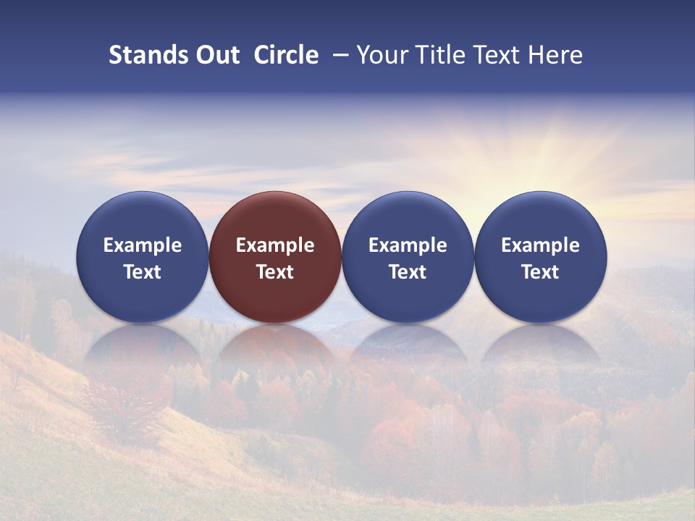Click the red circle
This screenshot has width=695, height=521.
coord(275,217)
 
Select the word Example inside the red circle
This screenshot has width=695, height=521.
coord(275,245)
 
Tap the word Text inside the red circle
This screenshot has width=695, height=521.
coord(275,272)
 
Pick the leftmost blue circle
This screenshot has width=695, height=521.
coord(142,217)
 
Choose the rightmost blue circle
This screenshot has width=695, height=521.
coord(540,217)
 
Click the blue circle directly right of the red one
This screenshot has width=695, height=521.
coord(408,217)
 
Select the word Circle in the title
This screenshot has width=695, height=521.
coord(286,55)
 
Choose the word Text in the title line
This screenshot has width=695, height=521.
coord(492,55)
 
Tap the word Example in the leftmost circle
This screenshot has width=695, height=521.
coord(142,245)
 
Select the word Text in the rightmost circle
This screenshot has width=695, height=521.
coord(540,272)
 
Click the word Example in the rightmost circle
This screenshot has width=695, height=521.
coord(540,245)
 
